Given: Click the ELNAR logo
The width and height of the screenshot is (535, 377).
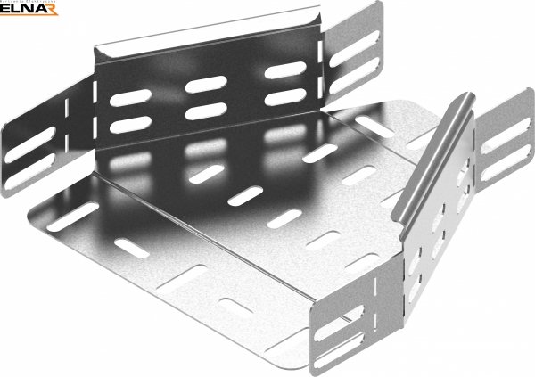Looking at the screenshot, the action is [x=29, y=8].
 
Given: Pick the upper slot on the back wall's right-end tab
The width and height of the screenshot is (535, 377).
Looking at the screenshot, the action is [x=354, y=49].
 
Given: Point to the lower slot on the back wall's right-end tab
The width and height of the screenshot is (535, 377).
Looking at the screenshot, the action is [x=354, y=76].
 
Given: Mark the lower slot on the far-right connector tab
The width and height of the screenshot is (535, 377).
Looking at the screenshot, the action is [x=506, y=162].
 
